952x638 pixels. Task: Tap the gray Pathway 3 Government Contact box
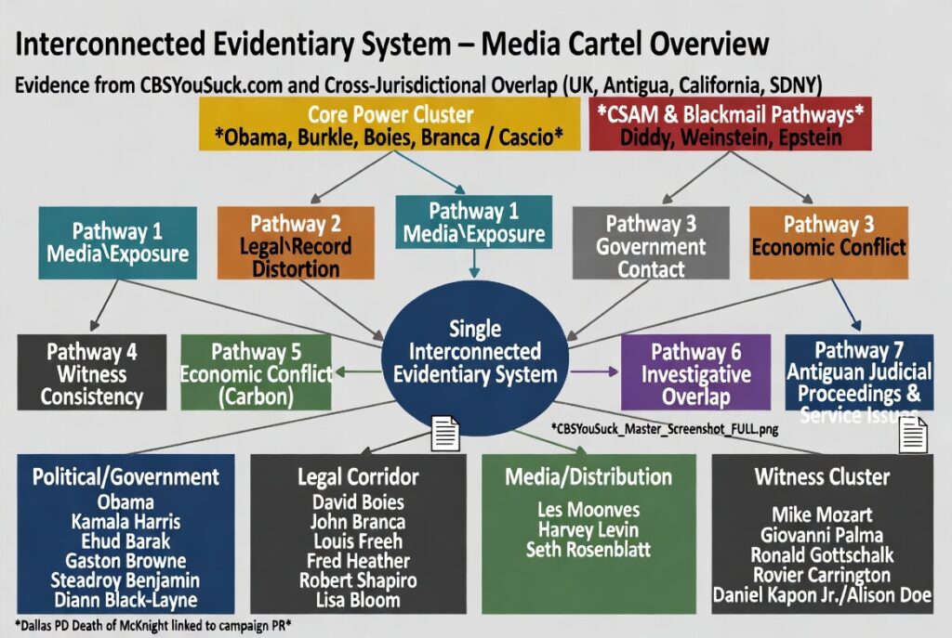(x=651, y=246)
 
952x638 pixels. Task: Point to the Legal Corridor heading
(x=358, y=477)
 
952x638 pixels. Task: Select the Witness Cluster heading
(x=822, y=477)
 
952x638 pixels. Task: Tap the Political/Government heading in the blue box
(x=126, y=477)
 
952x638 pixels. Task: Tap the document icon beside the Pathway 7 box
(x=913, y=432)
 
